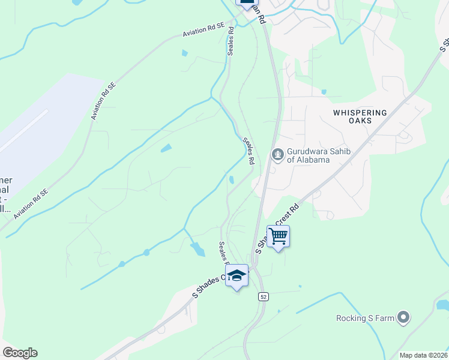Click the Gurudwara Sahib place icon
pyautogui.click(x=277, y=155)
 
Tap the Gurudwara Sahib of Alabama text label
pyautogui.click(x=308, y=155)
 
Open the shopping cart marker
pyautogui.click(x=278, y=236)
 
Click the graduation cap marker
pyautogui.click(x=237, y=276)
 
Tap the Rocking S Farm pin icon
pyautogui.click(x=403, y=317)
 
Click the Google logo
pyautogui.click(x=20, y=353)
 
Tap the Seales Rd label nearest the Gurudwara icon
pyautogui.click(x=249, y=151)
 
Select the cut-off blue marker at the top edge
pyautogui.click(x=246, y=3)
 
